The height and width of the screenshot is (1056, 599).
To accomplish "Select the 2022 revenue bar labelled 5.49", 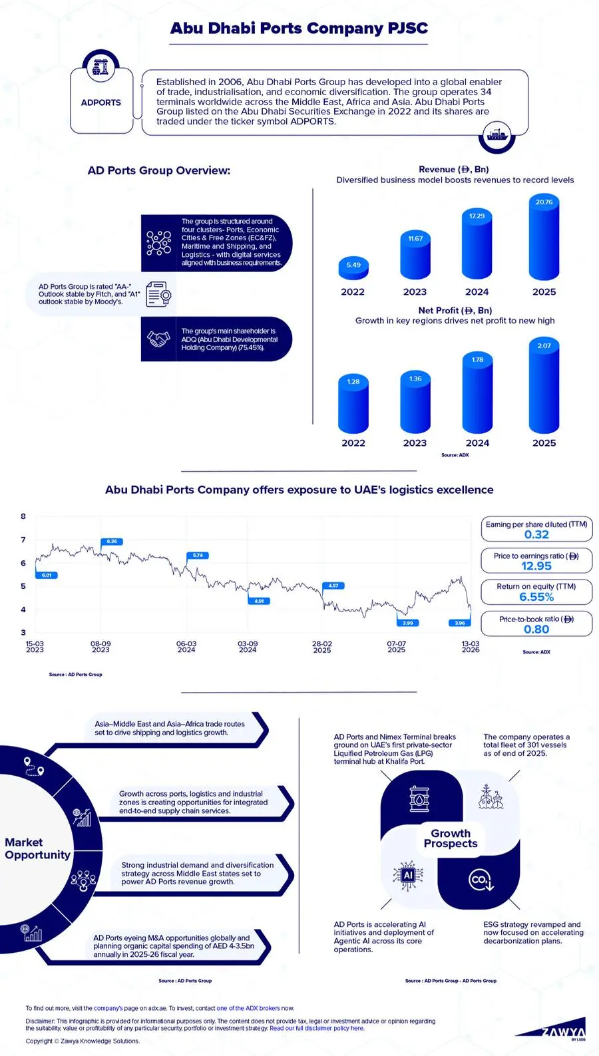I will tap(353, 267).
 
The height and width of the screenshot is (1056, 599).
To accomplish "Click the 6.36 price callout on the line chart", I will tap(112, 542).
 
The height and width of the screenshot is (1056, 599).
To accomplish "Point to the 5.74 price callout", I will tap(198, 555).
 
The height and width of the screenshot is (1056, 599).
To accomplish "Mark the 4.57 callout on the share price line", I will tap(333, 586).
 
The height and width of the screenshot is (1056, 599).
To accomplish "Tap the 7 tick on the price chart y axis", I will tap(23, 540).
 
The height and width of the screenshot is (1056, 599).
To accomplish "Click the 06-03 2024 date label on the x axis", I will tap(186, 647).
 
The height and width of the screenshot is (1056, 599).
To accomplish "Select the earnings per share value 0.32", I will tap(536, 535).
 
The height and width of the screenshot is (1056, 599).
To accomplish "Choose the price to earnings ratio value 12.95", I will tap(536, 566).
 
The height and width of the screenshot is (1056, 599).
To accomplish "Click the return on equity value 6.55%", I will tap(536, 597).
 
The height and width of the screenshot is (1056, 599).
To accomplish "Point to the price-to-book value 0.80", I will tap(536, 629).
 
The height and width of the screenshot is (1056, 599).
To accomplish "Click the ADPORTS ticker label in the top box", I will tap(101, 102).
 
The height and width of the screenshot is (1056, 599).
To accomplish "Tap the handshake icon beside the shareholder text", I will tap(158, 339).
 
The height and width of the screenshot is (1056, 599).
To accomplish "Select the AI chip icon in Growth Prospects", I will tap(408, 875).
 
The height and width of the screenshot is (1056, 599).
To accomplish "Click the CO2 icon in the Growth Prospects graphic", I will tap(480, 880).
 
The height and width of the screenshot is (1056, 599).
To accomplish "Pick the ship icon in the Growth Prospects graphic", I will tap(491, 797).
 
